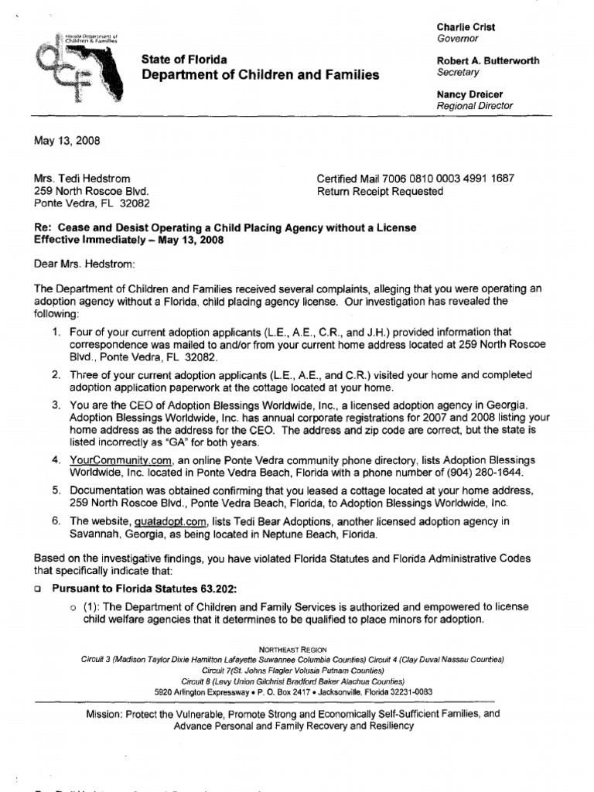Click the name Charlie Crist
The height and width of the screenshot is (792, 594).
[x=466, y=27]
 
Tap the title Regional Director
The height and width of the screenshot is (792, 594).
[x=474, y=106]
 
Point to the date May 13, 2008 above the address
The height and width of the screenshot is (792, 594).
[x=67, y=141]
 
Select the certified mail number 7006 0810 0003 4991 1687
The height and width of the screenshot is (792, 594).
[x=455, y=179]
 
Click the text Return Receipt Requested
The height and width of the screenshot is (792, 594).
[x=381, y=191]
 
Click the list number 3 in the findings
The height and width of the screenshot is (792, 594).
[x=56, y=405]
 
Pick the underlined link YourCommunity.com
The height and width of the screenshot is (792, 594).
[x=120, y=459]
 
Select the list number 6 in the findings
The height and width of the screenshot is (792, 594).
[x=56, y=521]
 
